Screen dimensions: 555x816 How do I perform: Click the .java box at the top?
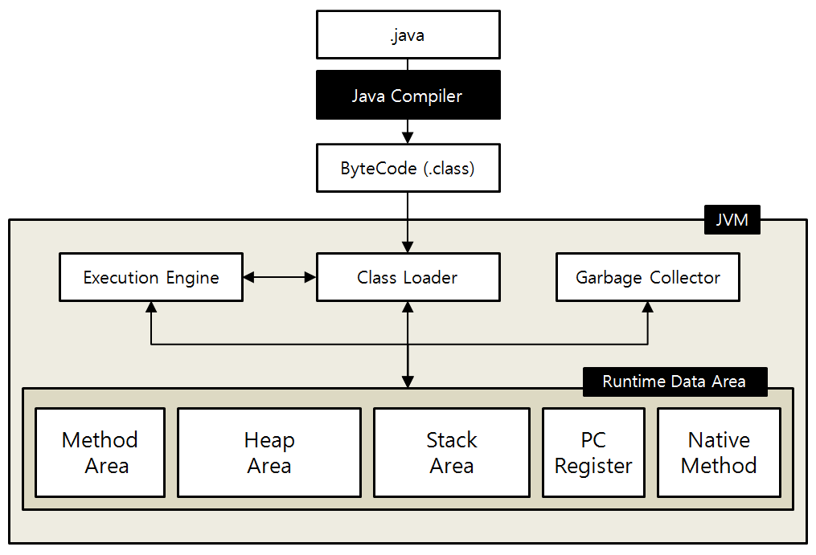[408, 35]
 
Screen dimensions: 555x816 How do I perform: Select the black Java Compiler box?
[408, 96]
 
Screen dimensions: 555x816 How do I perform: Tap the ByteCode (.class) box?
[408, 169]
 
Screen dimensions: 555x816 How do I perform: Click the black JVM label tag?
[732, 220]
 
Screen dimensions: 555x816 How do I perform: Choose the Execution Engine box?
[151, 278]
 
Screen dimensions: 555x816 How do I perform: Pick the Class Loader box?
[408, 278]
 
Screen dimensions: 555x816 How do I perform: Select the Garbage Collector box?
[648, 278]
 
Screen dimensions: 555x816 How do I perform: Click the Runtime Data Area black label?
[675, 382]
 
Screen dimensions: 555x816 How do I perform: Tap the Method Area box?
[100, 452]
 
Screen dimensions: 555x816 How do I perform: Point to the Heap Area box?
[269, 452]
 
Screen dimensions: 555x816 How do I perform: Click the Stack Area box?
[452, 452]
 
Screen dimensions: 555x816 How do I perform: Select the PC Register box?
[593, 452]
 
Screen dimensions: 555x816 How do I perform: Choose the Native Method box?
[719, 452]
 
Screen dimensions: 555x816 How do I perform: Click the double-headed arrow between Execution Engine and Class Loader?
[280, 277]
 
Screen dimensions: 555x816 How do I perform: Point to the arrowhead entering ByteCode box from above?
[408, 137]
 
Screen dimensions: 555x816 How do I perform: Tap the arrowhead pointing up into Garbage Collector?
[648, 308]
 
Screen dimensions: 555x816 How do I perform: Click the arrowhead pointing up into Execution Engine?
[151, 308]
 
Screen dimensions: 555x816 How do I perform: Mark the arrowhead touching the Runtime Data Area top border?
[408, 382]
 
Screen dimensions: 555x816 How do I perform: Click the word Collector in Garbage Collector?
[685, 278]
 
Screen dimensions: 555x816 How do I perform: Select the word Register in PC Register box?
[593, 466]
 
